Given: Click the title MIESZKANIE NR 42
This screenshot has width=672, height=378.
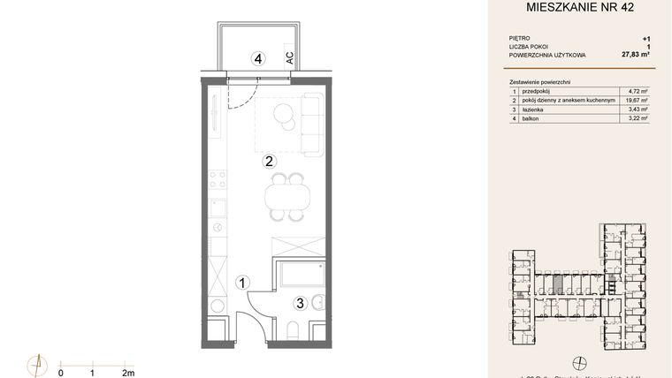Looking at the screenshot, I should coord(580,10).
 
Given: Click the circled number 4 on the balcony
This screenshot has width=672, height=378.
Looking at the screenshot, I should coord(257,60).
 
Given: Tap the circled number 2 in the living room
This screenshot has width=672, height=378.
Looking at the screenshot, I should coord(269,161).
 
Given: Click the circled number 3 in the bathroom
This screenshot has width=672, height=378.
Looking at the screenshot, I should coord(300,303).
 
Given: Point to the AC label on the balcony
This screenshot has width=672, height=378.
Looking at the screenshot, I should coord(289,57).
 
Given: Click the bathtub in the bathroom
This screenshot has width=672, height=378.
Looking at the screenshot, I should coord(301,277).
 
